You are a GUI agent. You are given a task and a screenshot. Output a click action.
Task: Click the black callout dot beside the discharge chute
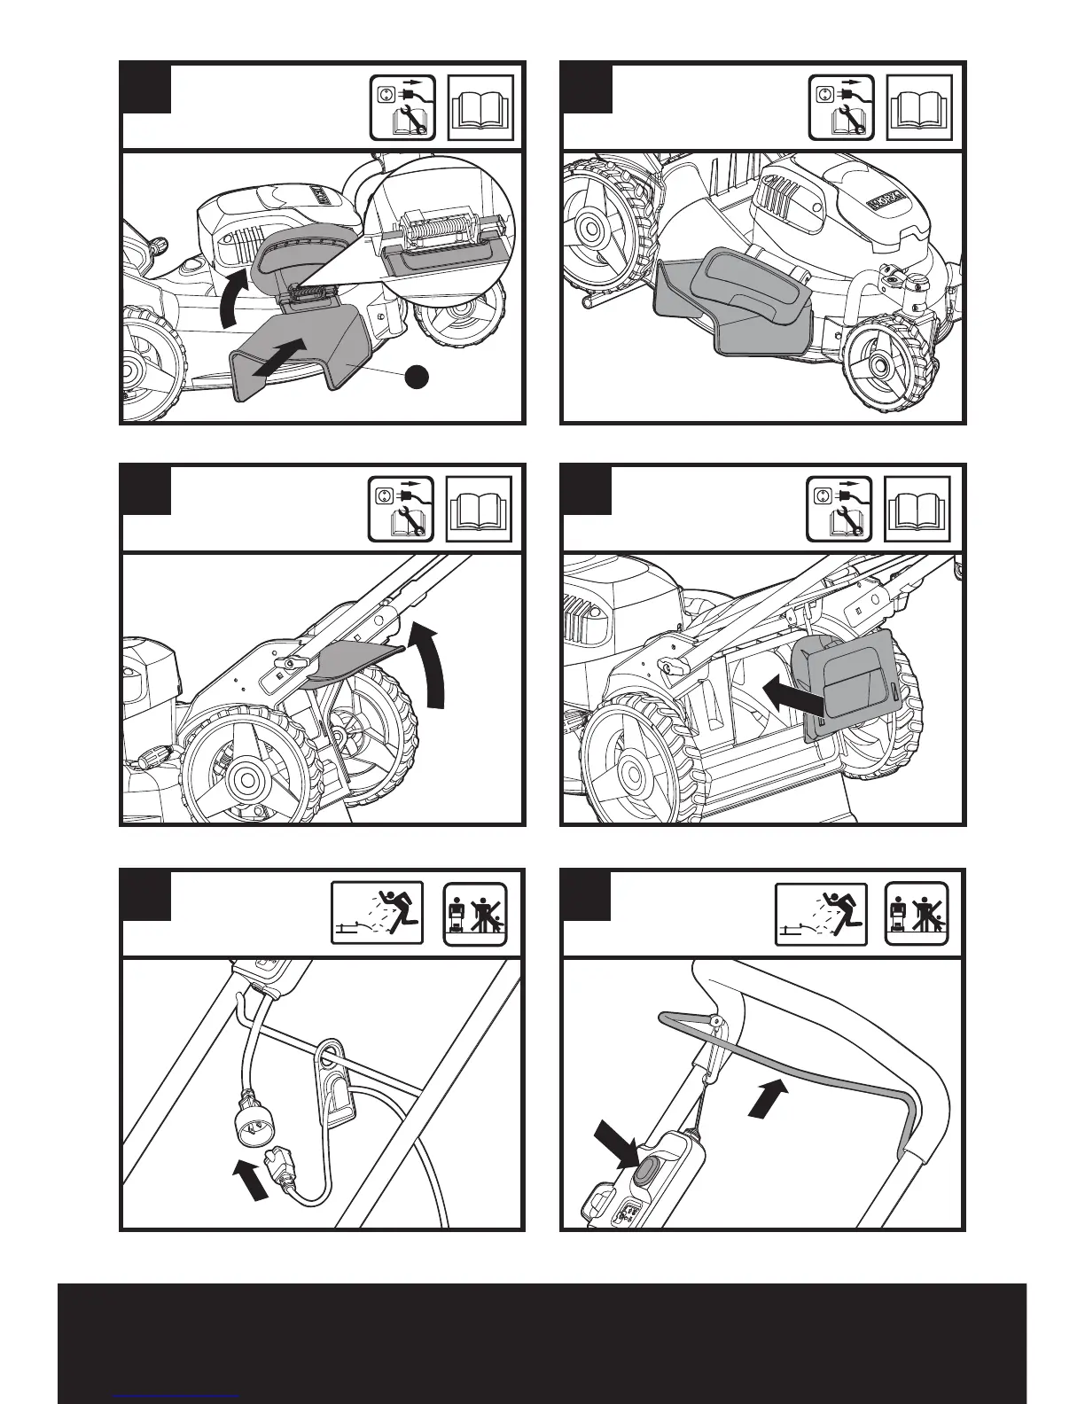[x=418, y=376]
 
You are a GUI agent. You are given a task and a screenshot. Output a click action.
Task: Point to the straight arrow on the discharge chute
[x=285, y=360]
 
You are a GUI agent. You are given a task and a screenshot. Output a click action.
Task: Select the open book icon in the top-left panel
[x=481, y=108]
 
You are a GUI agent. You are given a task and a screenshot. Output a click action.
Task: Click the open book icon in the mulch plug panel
[x=918, y=509]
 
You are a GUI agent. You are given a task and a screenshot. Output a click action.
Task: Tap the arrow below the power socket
[x=250, y=1182]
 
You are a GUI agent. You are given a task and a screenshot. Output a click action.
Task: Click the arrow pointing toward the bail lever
[x=768, y=1097]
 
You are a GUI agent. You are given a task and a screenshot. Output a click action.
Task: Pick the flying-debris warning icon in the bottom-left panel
[x=377, y=913]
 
